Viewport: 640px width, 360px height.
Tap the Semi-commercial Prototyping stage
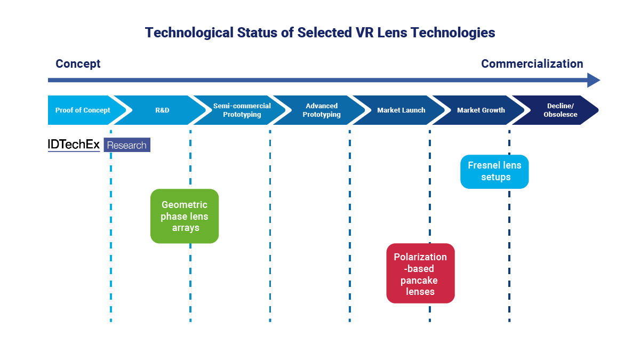point(242,110)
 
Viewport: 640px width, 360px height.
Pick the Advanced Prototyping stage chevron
point(322,110)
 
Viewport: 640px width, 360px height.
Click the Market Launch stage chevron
point(401,110)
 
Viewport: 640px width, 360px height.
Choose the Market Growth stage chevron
point(481,110)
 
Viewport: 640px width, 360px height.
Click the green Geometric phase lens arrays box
point(185,216)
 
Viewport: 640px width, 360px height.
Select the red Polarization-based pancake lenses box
point(420,273)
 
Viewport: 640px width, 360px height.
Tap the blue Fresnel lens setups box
point(494,171)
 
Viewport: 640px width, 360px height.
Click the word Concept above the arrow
point(78,64)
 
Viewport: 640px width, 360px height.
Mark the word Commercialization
point(532,64)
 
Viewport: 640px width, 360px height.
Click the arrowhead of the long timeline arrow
point(594,81)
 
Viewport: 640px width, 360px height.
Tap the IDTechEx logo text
point(74,145)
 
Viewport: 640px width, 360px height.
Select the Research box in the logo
point(127,145)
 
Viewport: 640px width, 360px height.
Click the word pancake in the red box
point(420,280)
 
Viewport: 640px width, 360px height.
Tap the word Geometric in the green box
point(185,205)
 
